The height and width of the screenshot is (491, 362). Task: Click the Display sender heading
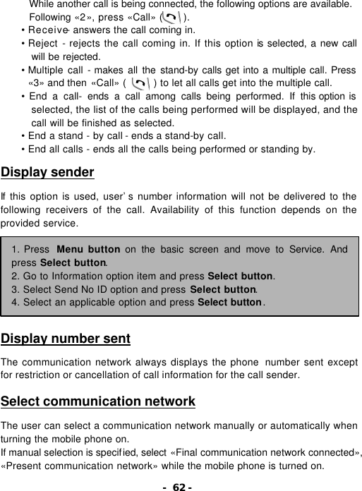(48, 172)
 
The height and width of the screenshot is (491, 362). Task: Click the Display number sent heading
(66, 339)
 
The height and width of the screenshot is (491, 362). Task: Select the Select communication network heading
(98, 402)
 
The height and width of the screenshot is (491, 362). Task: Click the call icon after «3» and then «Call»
(140, 83)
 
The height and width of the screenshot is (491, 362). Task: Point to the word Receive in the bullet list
(46, 30)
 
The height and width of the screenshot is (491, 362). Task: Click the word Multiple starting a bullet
(47, 71)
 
